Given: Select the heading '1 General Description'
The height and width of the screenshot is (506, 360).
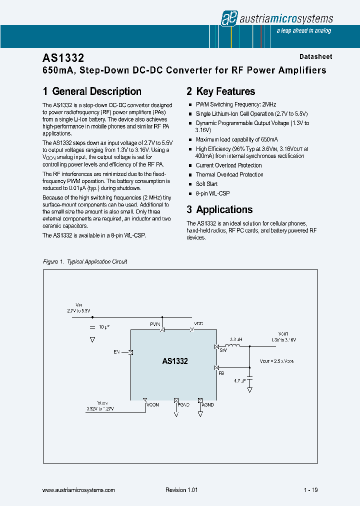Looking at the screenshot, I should coord(92,91).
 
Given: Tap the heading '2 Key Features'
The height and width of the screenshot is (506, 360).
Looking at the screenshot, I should coord(220,91).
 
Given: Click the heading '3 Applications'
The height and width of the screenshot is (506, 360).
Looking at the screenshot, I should coord(219,209).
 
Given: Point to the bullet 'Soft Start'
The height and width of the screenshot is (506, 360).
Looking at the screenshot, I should coord(206,184).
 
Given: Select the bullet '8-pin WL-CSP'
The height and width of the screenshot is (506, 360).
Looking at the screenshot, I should coord(212,193).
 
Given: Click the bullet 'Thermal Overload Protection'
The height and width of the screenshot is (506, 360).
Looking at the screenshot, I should coord(229,174).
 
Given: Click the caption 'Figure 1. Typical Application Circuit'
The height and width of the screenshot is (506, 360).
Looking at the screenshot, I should coord(85,261).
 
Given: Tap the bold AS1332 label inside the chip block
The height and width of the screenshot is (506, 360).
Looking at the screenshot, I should coord(175,361).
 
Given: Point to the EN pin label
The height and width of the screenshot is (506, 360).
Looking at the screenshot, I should coord(116,352).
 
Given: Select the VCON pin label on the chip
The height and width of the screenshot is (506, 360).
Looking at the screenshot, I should coord(152,404).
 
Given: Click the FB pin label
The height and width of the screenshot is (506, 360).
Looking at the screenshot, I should coord(221,373).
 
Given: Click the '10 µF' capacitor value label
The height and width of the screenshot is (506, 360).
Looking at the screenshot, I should coord(104,326).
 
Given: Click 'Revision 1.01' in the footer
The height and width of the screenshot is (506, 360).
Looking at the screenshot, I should coord(181,490).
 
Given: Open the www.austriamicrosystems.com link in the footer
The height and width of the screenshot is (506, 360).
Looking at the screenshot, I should coord(79,490).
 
